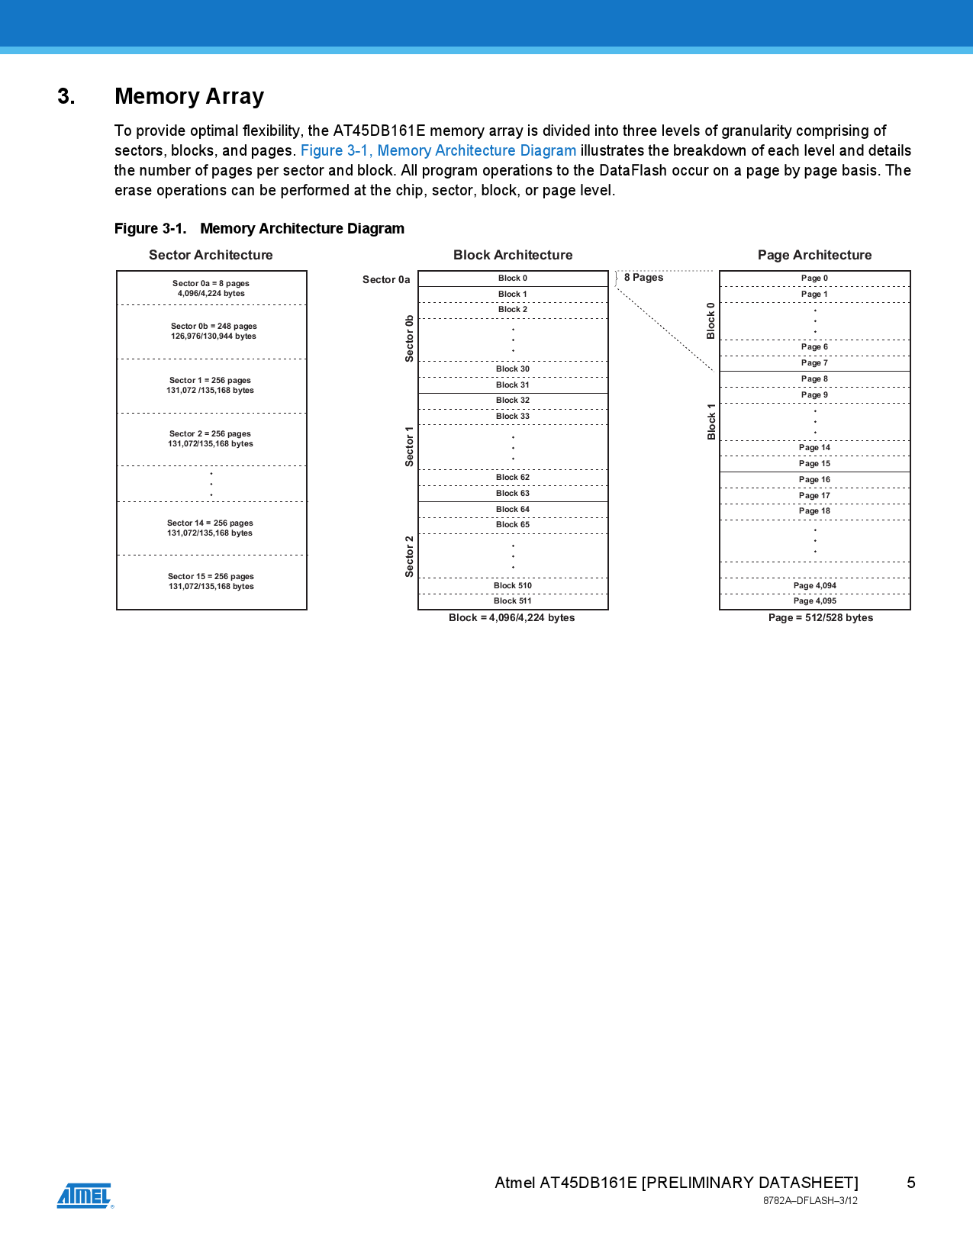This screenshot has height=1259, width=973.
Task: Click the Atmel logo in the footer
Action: pyautogui.click(x=85, y=1196)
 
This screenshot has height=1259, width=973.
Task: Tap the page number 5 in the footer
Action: pyautogui.click(x=910, y=1183)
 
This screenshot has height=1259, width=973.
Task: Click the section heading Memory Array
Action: pyautogui.click(x=189, y=97)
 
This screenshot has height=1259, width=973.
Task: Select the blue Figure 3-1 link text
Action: pyautogui.click(x=438, y=151)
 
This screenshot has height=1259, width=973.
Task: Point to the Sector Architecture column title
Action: pyautogui.click(x=211, y=255)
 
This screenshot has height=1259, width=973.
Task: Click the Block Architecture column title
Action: pyautogui.click(x=513, y=255)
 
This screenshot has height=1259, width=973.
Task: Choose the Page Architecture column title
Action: pyautogui.click(x=814, y=255)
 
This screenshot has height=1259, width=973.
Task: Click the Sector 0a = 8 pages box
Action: pyautogui.click(x=211, y=288)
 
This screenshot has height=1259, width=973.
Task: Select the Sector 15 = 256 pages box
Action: pyautogui.click(x=211, y=581)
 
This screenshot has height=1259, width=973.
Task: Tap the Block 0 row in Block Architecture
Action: pyautogui.click(x=513, y=279)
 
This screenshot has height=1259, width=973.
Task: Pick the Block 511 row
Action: pyautogui.click(x=513, y=601)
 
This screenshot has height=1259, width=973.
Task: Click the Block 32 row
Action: pyautogui.click(x=513, y=401)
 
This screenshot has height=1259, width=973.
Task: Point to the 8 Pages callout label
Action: pyautogui.click(x=643, y=278)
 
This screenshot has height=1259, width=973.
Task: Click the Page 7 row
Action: pyautogui.click(x=814, y=363)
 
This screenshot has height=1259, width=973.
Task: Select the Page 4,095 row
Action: pyautogui.click(x=814, y=601)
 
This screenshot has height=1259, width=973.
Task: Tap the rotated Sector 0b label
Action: pyautogui.click(x=410, y=338)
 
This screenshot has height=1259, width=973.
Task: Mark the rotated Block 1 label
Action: pyautogui.click(x=711, y=421)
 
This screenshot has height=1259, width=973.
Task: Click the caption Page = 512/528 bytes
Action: pyautogui.click(x=820, y=618)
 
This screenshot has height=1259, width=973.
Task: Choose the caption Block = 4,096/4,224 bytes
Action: pyautogui.click(x=511, y=618)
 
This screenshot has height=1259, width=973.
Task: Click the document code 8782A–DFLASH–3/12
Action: pyautogui.click(x=810, y=1201)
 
